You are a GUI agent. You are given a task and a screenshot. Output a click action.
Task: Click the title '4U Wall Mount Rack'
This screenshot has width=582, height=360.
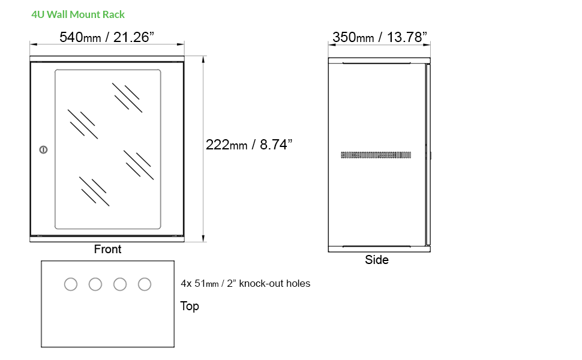tap(78, 14)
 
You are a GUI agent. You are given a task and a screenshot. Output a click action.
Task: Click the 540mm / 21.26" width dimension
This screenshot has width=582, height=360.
tap(107, 37)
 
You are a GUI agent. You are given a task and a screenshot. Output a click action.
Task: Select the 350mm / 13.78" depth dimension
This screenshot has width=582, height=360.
tap(380, 37)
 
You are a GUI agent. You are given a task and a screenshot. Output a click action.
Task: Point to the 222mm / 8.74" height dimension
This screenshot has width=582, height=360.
tap(249, 145)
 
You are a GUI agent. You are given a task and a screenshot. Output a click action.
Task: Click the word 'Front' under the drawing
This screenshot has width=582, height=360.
tap(107, 249)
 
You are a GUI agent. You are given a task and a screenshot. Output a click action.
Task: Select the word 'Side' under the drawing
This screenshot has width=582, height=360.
tap(377, 260)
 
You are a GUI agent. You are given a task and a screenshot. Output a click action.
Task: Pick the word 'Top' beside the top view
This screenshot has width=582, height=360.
tap(190, 306)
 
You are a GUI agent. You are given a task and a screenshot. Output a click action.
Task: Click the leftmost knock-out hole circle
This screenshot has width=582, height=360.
tap(71, 284)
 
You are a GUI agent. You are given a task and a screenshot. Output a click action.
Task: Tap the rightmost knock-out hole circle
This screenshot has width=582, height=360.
tap(145, 284)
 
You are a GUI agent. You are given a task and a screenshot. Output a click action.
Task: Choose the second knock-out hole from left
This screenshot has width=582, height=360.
tap(95, 284)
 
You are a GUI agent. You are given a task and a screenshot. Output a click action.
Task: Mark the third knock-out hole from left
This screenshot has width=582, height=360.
tap(120, 284)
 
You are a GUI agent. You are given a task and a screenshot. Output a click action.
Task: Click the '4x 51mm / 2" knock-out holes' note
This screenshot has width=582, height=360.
tap(245, 283)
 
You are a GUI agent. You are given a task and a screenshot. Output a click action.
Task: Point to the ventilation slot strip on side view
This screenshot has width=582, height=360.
tap(376, 155)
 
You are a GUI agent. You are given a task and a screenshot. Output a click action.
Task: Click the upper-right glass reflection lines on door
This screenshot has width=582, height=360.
tap(127, 97)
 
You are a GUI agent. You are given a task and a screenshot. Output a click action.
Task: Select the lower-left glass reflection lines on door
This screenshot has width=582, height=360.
tap(94, 191)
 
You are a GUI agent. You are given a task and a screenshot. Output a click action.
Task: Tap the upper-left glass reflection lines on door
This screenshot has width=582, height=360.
tap(82, 124)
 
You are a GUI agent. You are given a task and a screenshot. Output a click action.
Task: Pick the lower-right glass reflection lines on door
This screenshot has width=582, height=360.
tap(137, 163)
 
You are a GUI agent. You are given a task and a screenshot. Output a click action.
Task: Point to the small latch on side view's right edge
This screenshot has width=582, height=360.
tap(430, 155)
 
